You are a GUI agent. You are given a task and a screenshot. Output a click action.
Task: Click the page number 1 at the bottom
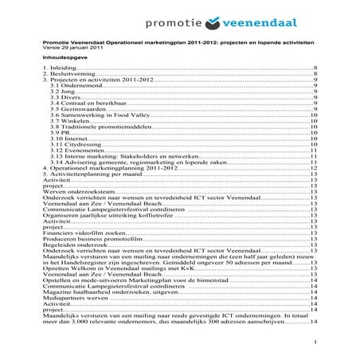[316, 341]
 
